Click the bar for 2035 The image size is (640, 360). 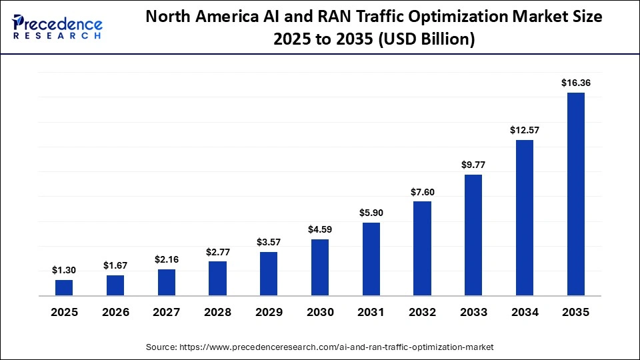pyautogui.click(x=576, y=194)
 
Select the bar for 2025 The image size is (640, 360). pyautogui.click(x=64, y=288)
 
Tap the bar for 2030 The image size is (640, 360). pyautogui.click(x=320, y=267)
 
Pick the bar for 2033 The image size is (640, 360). pyautogui.click(x=473, y=235)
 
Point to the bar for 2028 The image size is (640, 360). pyautogui.click(x=217, y=279)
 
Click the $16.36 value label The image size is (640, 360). pyautogui.click(x=576, y=83)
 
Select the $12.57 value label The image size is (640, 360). pyautogui.click(x=525, y=130)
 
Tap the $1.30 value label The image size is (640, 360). pyautogui.click(x=64, y=270)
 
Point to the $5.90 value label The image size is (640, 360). pyautogui.click(x=371, y=213)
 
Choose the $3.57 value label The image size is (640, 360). pyautogui.click(x=269, y=242)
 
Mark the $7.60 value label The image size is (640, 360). pyautogui.click(x=423, y=192)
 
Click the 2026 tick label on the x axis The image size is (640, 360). pyautogui.click(x=115, y=313)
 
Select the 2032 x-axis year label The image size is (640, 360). pyautogui.click(x=423, y=313)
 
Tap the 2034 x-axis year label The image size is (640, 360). pyautogui.click(x=525, y=313)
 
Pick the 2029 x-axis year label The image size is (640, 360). pyautogui.click(x=269, y=313)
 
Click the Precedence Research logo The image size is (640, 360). pyautogui.click(x=57, y=27)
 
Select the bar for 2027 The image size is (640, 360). pyautogui.click(x=167, y=283)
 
